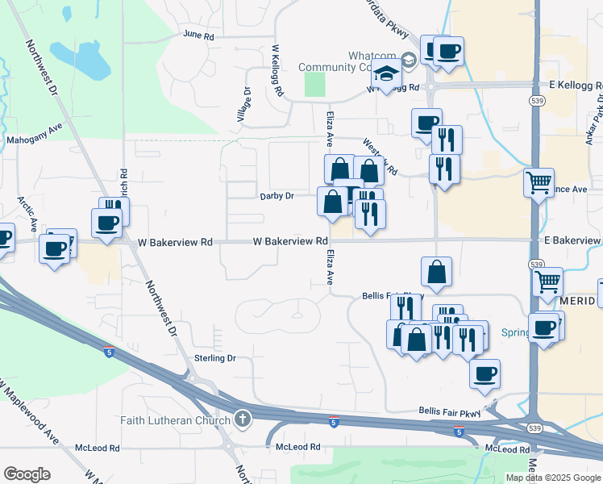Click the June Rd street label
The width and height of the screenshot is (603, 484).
click(x=198, y=35)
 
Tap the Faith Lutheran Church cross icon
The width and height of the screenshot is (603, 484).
click(x=243, y=419)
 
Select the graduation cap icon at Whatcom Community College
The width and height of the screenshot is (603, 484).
click(x=386, y=73)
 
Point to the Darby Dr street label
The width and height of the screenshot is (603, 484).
click(x=277, y=196)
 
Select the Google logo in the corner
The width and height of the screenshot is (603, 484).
click(x=27, y=474)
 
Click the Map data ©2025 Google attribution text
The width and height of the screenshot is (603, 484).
click(x=553, y=478)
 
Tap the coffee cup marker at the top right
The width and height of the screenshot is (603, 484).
click(x=448, y=51)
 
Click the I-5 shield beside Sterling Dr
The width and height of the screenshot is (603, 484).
click(x=108, y=352)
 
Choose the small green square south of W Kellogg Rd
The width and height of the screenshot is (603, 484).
click(x=315, y=85)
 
